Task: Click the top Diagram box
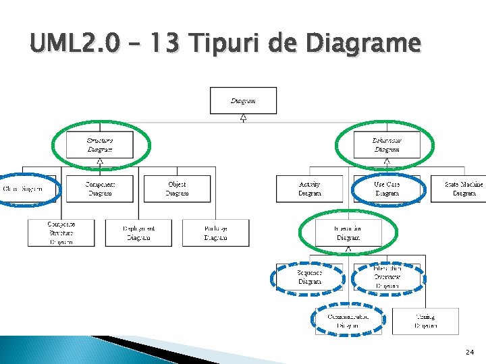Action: click(243, 100)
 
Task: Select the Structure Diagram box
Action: click(99, 145)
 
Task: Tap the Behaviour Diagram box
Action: click(387, 145)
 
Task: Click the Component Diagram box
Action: click(100, 189)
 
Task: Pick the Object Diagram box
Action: click(177, 189)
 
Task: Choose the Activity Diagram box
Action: click(309, 189)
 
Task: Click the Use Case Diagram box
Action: click(387, 189)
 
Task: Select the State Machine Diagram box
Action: click(463, 189)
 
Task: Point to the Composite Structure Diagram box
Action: click(61, 233)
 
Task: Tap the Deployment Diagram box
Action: click(138, 233)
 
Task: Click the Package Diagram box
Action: click(215, 233)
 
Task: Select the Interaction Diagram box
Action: click(348, 233)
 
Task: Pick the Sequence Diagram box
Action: click(309, 277)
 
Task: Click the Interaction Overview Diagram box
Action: click(387, 277)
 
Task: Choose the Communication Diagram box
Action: click(348, 321)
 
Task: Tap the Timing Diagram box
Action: click(425, 321)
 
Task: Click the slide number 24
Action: click(470, 352)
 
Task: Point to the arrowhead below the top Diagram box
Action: click(243, 118)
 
